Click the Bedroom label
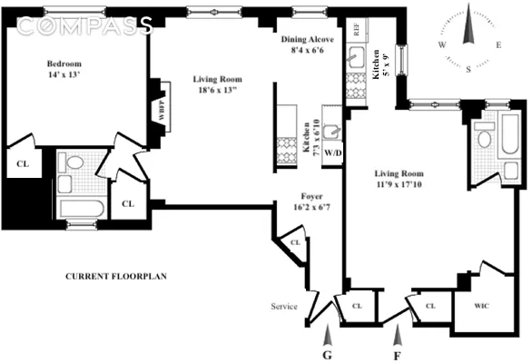64,64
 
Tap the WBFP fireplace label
162,111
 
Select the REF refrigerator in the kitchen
356,30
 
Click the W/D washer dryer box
332,153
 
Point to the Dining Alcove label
308,39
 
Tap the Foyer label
311,196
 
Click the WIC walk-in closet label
481,306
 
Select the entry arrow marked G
328,335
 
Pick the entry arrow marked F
398,335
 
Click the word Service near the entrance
284,307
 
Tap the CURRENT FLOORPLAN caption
116,277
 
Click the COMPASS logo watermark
84,25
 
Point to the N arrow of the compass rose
468,24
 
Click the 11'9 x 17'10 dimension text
399,184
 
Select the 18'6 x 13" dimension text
217,90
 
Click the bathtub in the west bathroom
82,209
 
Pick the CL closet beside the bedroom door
128,204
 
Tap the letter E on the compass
498,45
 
